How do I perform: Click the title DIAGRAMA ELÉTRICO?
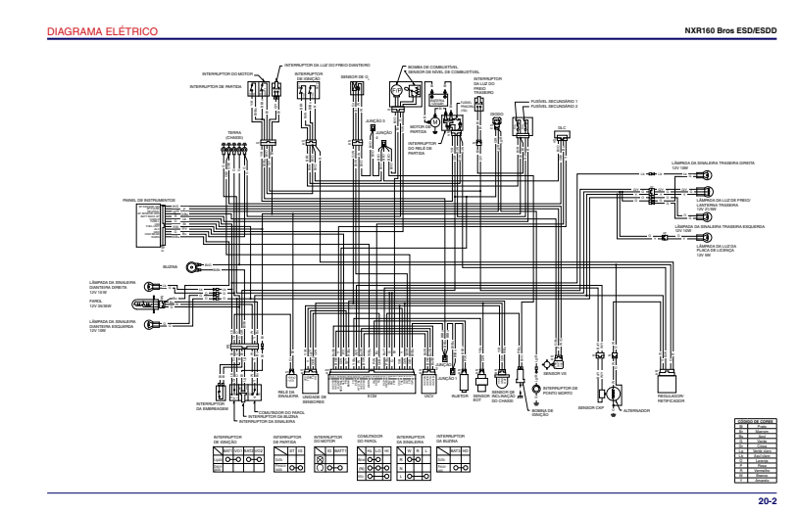click(x=89, y=33)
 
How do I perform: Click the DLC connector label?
click(x=562, y=127)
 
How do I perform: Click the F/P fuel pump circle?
click(x=397, y=90)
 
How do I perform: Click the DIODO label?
click(x=496, y=114)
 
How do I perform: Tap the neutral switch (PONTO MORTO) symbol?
click(x=536, y=388)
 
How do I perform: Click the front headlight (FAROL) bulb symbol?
click(x=153, y=304)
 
